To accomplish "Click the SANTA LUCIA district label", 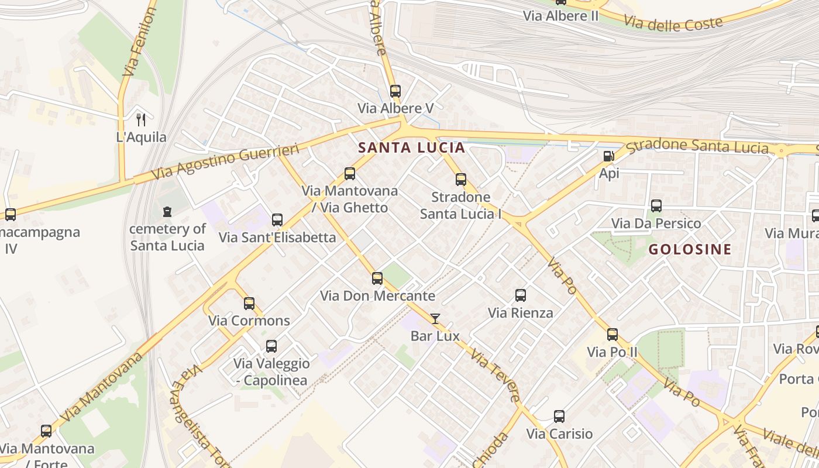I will [x=411, y=147].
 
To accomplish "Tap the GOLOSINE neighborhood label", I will [x=690, y=249].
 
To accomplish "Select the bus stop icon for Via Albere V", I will [x=395, y=91].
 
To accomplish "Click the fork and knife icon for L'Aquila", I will [x=140, y=120].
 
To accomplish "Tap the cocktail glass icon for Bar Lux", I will [x=435, y=319].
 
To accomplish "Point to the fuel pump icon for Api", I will [x=608, y=156].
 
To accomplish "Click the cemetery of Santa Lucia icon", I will [x=167, y=211].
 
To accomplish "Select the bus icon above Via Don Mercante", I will [x=377, y=278].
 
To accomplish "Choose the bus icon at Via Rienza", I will [x=521, y=295].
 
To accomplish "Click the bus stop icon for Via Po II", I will [x=612, y=335].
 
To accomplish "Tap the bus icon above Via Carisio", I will [x=559, y=417].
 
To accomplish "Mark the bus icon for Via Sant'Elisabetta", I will [x=277, y=220].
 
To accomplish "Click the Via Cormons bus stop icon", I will [x=249, y=304].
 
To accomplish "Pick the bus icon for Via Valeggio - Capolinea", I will [x=271, y=346].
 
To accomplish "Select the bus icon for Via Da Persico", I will [x=656, y=206].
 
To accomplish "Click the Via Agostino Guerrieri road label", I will [x=225, y=161].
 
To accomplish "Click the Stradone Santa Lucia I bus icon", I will [x=461, y=180].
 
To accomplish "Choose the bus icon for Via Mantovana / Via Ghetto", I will [x=350, y=174].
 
